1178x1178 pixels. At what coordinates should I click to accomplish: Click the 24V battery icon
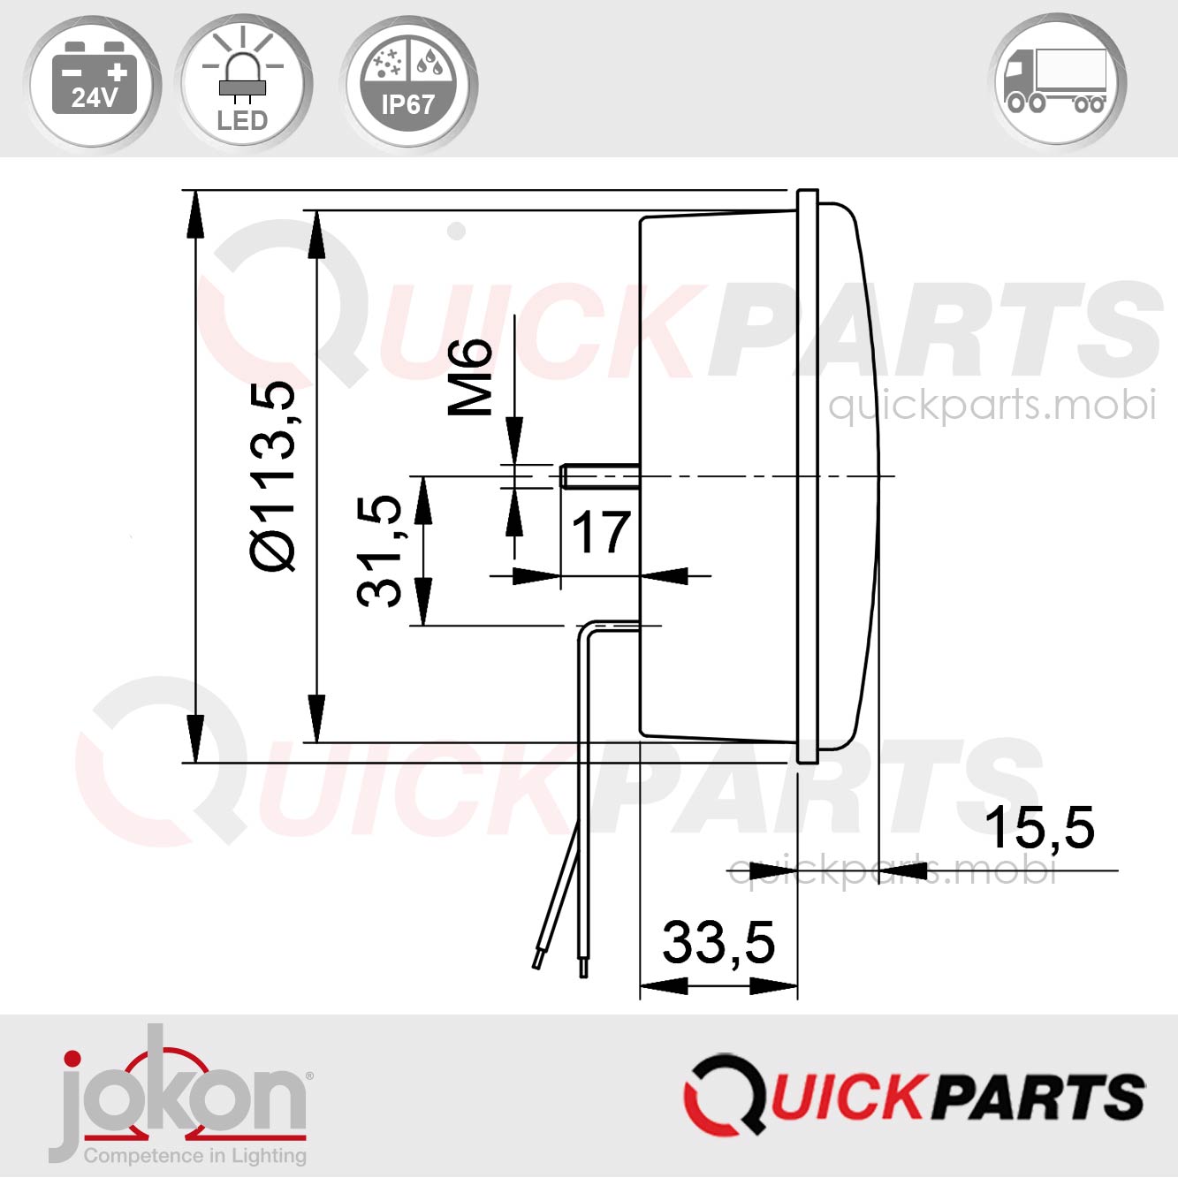[93, 81]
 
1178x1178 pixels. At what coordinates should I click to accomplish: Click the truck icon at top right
[1057, 81]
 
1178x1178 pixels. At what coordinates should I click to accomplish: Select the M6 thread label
[470, 376]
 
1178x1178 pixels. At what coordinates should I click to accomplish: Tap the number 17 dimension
[601, 532]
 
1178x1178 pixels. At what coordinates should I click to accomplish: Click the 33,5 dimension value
[718, 942]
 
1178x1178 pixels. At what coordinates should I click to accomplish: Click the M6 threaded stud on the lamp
[597, 476]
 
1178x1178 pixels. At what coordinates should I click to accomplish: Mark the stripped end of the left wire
[537, 959]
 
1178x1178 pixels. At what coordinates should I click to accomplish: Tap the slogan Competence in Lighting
[194, 1155]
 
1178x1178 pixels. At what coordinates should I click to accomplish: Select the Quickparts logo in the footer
[914, 1094]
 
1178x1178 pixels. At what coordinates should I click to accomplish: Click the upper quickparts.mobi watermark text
[991, 406]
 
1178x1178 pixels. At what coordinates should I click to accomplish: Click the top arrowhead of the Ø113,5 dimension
[194, 217]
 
